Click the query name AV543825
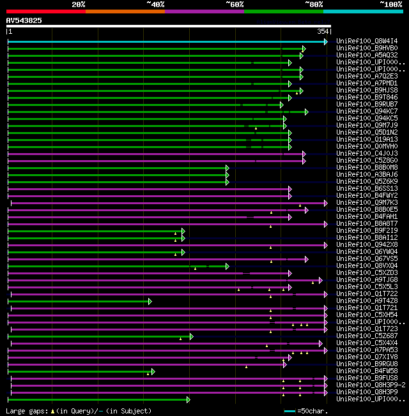tap(24, 20)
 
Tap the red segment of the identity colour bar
tap(45, 11)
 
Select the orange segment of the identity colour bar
tap(125, 11)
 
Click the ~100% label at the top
tap(390, 4)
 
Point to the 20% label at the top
tap(79, 4)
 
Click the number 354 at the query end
tap(323, 31)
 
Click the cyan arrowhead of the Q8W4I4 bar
tap(326, 41)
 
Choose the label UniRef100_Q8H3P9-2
tap(369, 385)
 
